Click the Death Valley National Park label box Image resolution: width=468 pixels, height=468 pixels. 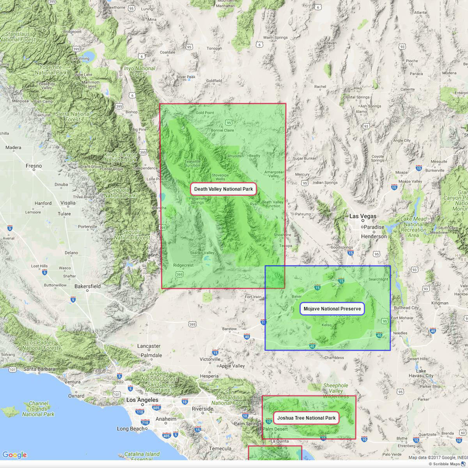pos(224,189)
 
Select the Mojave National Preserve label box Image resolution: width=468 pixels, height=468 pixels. pos(332,309)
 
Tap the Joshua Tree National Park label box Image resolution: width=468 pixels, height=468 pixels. pos(306,418)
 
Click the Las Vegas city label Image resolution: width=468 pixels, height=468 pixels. pos(363,216)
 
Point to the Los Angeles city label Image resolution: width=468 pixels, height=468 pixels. pos(142,400)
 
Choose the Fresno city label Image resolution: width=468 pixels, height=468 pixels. pos(34,166)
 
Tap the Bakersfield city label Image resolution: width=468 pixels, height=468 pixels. pos(88,286)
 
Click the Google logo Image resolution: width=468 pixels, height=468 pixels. pos(14,455)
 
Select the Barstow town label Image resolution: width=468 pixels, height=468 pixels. pos(229,329)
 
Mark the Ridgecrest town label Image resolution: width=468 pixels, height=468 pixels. pos(183,265)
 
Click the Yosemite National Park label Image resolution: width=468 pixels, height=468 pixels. pos(50,69)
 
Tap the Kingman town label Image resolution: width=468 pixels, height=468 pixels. pos(440,303)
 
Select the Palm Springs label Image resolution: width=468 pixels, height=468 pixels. pos(248,424)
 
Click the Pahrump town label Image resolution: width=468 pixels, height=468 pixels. pos(303,214)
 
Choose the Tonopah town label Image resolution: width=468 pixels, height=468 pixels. pos(214,49)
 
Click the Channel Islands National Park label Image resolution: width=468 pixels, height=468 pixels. pos(38,409)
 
